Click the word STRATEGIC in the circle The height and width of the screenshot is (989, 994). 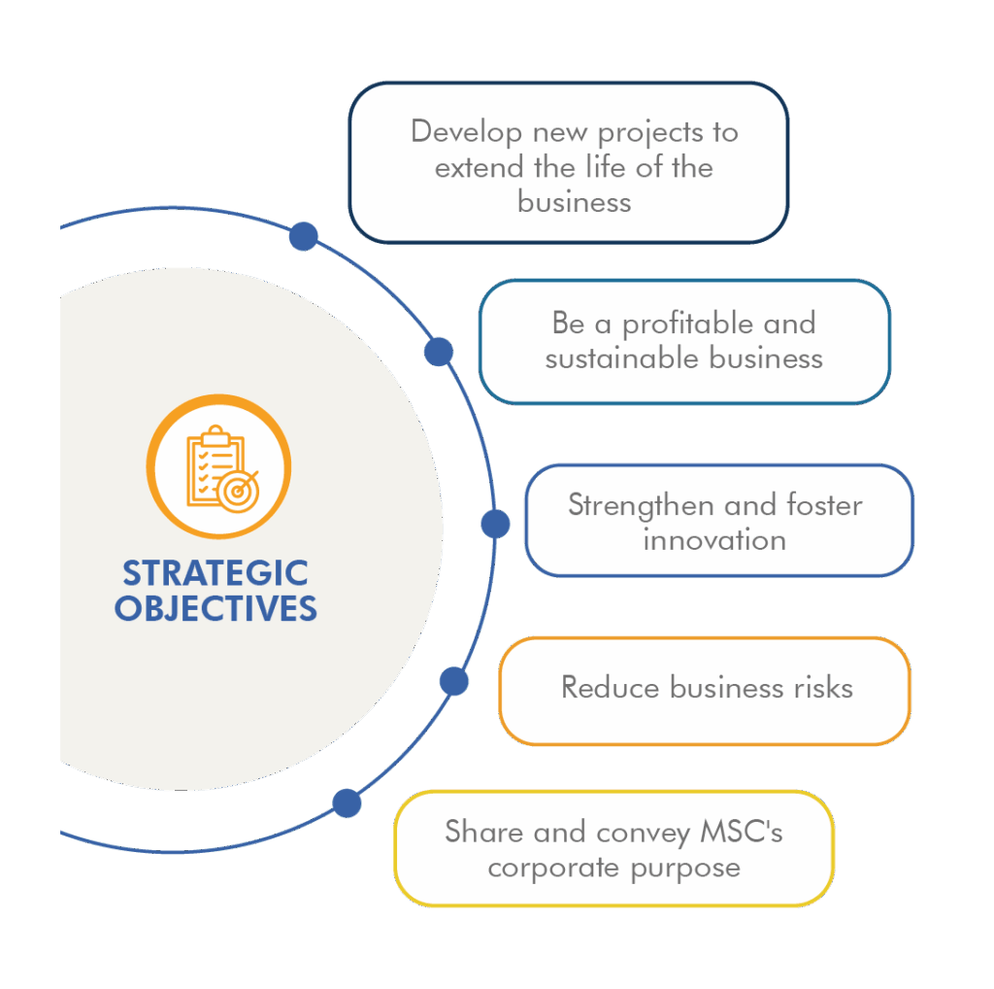click(215, 572)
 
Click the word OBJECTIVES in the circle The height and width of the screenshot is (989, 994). click(215, 608)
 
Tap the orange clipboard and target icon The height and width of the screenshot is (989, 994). click(218, 465)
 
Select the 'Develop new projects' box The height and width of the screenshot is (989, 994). click(568, 162)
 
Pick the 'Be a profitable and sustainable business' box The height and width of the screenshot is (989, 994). click(683, 341)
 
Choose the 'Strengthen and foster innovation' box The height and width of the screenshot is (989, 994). click(718, 521)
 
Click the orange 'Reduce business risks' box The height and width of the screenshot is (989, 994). click(705, 690)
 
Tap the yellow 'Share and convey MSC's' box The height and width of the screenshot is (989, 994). click(613, 848)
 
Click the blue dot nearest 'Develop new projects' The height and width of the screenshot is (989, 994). click(304, 236)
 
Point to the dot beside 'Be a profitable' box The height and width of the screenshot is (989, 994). click(439, 351)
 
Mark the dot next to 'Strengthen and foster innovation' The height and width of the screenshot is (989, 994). click(495, 525)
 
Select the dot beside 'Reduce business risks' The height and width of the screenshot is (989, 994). click(453, 681)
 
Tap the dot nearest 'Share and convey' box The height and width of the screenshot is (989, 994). click(347, 803)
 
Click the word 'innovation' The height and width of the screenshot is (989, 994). click(714, 539)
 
